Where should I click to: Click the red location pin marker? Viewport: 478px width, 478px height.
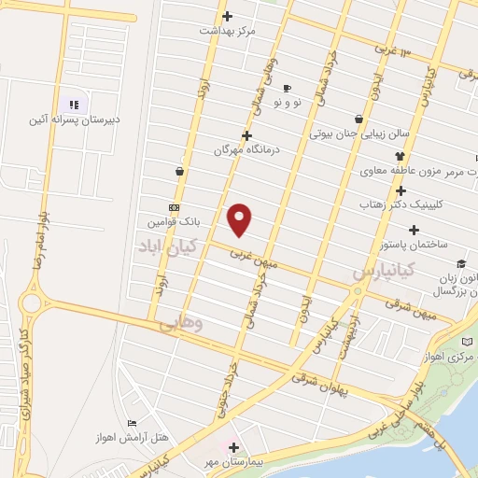point(240,219)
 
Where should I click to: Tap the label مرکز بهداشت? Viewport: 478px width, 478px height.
point(227,31)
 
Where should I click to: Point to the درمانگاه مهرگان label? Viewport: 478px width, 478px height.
point(246,149)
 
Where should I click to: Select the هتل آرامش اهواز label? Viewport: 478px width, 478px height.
point(122,438)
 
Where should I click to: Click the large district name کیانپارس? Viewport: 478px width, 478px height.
point(388,273)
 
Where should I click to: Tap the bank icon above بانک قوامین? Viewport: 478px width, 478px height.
point(174,207)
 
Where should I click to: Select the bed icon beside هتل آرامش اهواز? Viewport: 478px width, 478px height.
point(131,424)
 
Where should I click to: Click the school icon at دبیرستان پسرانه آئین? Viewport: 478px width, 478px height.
point(75,105)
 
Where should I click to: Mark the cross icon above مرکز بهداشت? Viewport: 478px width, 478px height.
point(228,16)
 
